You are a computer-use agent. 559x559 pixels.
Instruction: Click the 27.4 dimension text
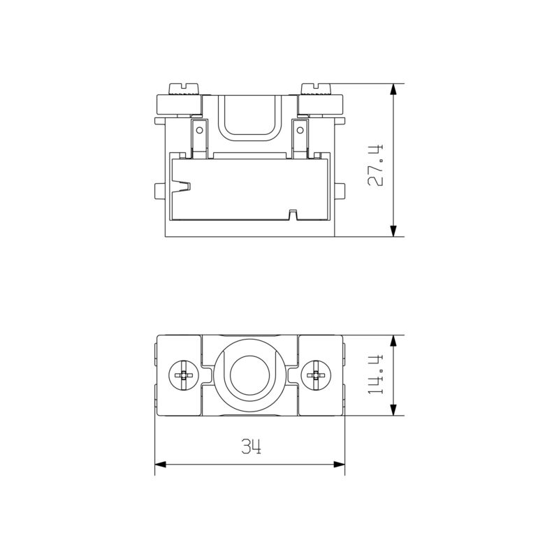coord(377,165)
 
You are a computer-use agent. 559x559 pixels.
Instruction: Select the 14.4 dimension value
coord(377,375)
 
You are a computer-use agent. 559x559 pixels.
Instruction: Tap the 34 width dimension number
coord(251,447)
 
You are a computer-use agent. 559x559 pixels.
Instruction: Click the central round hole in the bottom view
coord(250,375)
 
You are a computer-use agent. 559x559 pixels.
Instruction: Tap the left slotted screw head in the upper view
coord(181,88)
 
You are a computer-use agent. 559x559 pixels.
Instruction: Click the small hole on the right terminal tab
coord(300,129)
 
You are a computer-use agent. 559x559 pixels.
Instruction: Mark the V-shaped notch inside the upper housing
coord(183,187)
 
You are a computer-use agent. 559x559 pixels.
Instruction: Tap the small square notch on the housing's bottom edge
coord(294,213)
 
